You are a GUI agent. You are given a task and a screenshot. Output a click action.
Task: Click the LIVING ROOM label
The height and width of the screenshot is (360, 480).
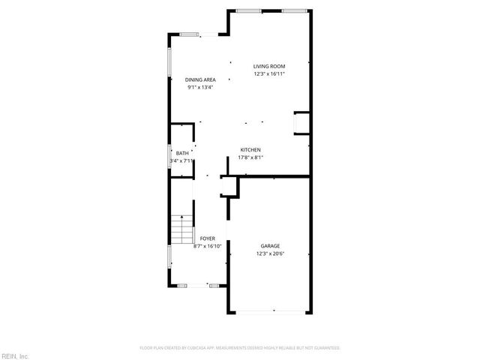tap(269, 67)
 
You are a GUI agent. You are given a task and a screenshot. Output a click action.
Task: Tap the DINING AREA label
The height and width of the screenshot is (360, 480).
tap(200, 79)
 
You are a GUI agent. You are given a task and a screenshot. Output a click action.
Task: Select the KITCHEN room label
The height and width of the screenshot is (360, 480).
tap(250, 150)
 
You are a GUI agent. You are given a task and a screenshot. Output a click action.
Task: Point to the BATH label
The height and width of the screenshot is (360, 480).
tap(182, 154)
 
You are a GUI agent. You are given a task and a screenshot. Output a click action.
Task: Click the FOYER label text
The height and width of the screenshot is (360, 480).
tap(207, 238)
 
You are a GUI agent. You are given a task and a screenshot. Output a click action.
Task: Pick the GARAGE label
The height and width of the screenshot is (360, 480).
tap(271, 246)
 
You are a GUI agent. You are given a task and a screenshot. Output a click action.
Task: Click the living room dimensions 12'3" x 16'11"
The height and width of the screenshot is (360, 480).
tap(269, 74)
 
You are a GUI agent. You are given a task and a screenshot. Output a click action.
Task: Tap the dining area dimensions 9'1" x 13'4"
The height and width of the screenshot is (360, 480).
tap(200, 87)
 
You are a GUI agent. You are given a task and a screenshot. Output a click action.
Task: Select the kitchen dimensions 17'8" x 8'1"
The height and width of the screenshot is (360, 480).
tap(250, 157)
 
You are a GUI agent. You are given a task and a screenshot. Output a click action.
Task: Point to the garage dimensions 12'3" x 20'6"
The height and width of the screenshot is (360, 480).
tap(271, 253)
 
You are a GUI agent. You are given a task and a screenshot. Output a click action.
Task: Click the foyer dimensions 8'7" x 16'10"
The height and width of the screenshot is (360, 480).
tap(207, 246)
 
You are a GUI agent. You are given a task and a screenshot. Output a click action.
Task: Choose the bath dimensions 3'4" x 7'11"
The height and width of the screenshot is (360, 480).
tap(182, 160)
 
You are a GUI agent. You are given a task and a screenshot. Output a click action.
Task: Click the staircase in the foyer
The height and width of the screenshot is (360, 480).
tap(181, 229)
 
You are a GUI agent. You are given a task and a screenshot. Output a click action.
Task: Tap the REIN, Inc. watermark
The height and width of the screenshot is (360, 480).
tap(14, 355)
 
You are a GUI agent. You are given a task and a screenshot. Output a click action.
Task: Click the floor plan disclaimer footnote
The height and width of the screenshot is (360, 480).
tap(240, 348)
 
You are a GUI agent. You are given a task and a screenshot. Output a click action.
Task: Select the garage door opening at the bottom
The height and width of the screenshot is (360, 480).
tap(273, 310)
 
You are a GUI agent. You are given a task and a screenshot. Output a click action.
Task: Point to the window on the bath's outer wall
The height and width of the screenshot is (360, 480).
tap(169, 157)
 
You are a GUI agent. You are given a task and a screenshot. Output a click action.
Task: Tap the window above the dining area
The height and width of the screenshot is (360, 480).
tap(190, 34)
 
